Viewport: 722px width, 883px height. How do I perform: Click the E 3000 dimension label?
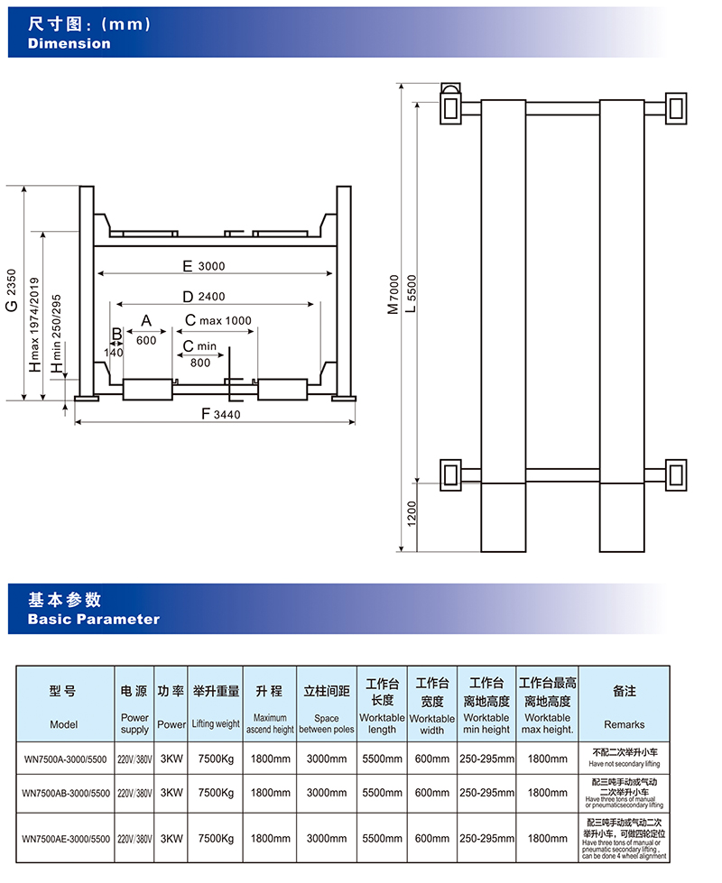pyautogui.click(x=204, y=266)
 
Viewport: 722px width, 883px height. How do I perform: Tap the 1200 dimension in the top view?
pyautogui.click(x=412, y=513)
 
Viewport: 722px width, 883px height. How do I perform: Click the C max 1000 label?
pyautogui.click(x=218, y=320)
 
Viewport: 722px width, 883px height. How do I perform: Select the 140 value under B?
pyautogui.click(x=114, y=353)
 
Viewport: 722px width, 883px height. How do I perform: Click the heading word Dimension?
pyautogui.click(x=69, y=43)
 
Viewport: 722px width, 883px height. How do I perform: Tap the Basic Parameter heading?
pyautogui.click(x=94, y=619)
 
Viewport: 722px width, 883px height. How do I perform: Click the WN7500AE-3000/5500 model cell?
pyautogui.click(x=65, y=838)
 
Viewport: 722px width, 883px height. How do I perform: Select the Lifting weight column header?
pyautogui.click(x=217, y=724)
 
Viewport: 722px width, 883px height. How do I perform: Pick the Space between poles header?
pyautogui.click(x=327, y=723)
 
